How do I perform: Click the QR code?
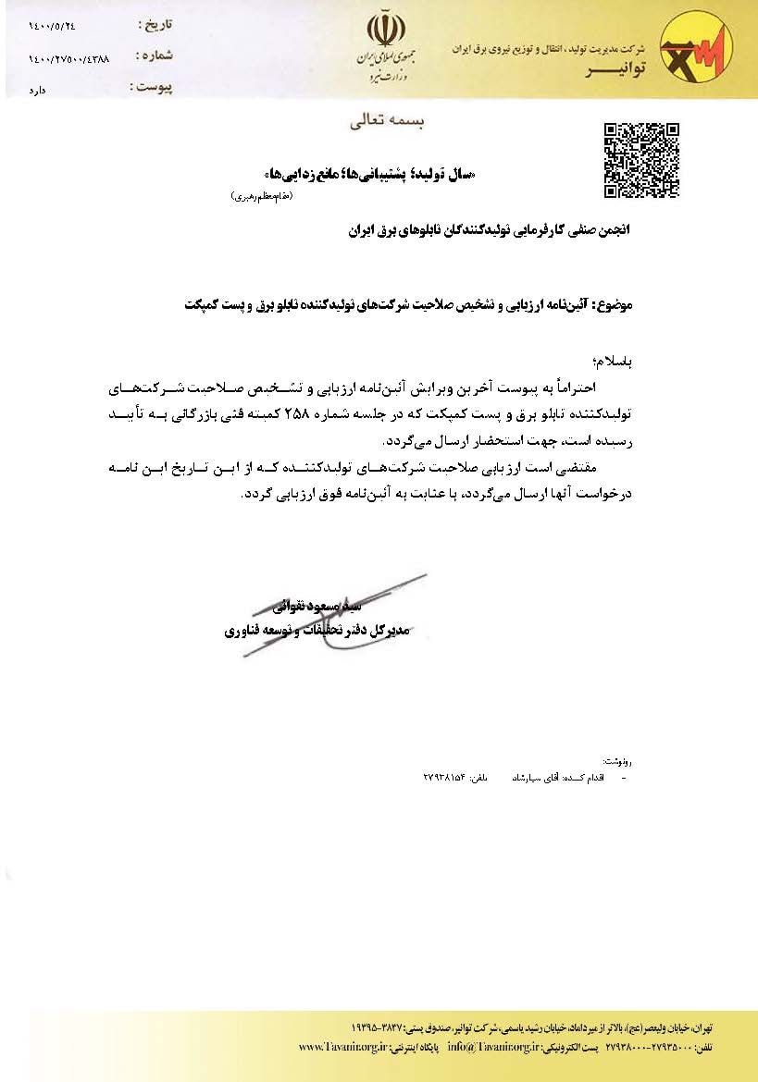pyautogui.click(x=641, y=160)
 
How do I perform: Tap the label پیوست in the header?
pyautogui.click(x=153, y=88)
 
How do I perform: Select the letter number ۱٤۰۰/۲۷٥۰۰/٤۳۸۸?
pyautogui.click(x=68, y=58)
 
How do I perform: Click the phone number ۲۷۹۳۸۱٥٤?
pyautogui.click(x=443, y=778)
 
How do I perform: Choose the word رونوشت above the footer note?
pyautogui.click(x=615, y=760)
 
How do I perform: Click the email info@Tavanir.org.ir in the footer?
pyautogui.click(x=482, y=1046)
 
